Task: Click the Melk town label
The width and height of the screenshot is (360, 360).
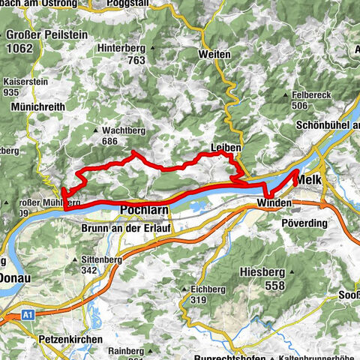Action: coord(310,181)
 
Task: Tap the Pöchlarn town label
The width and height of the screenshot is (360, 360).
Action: coord(143,211)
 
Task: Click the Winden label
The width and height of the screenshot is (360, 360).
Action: coord(272,203)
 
